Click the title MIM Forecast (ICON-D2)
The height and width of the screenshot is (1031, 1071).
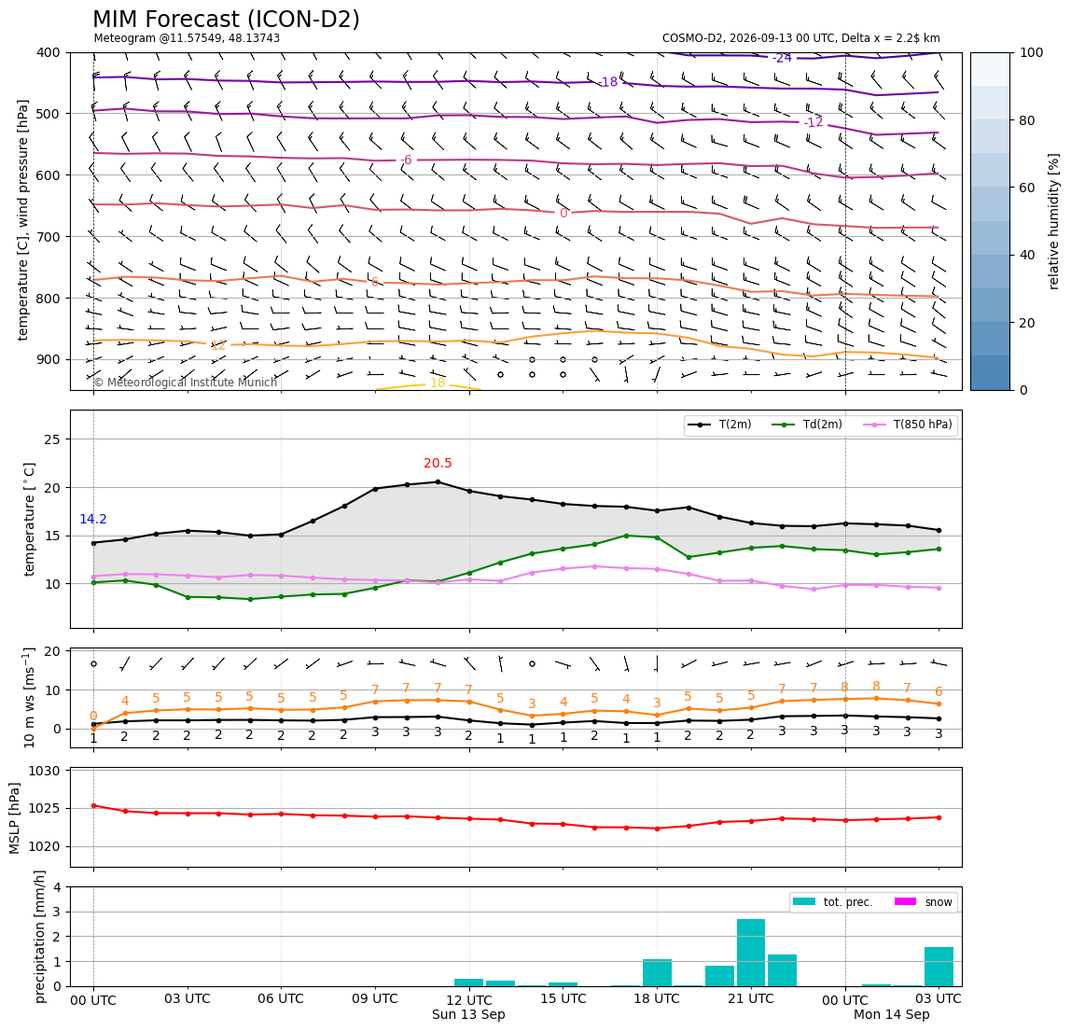point(226,20)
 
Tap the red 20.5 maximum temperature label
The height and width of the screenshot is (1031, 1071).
point(438,463)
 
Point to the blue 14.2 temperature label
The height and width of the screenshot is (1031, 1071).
point(93,520)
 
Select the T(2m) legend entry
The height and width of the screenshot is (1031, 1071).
point(719,425)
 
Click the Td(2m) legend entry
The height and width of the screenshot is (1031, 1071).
point(807,425)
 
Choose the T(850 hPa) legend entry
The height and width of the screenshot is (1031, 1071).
point(908,425)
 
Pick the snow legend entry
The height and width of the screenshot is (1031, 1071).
point(923,902)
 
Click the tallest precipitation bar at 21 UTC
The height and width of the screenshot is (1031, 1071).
point(751,953)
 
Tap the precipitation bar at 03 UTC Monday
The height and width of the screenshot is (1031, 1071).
point(939,967)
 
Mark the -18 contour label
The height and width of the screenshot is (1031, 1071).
point(608,82)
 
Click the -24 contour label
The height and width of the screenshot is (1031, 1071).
point(782,58)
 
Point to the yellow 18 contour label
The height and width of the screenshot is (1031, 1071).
point(438,383)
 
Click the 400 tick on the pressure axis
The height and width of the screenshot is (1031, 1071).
point(49,52)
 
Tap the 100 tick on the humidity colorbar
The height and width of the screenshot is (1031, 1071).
point(1032,52)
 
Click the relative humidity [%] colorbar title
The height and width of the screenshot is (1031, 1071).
point(1054,221)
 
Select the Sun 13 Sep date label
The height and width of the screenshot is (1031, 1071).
point(468,1014)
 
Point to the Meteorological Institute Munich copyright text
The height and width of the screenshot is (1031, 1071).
point(185,382)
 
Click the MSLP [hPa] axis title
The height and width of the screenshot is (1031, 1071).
point(15,817)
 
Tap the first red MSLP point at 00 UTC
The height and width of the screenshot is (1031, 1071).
point(93,805)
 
